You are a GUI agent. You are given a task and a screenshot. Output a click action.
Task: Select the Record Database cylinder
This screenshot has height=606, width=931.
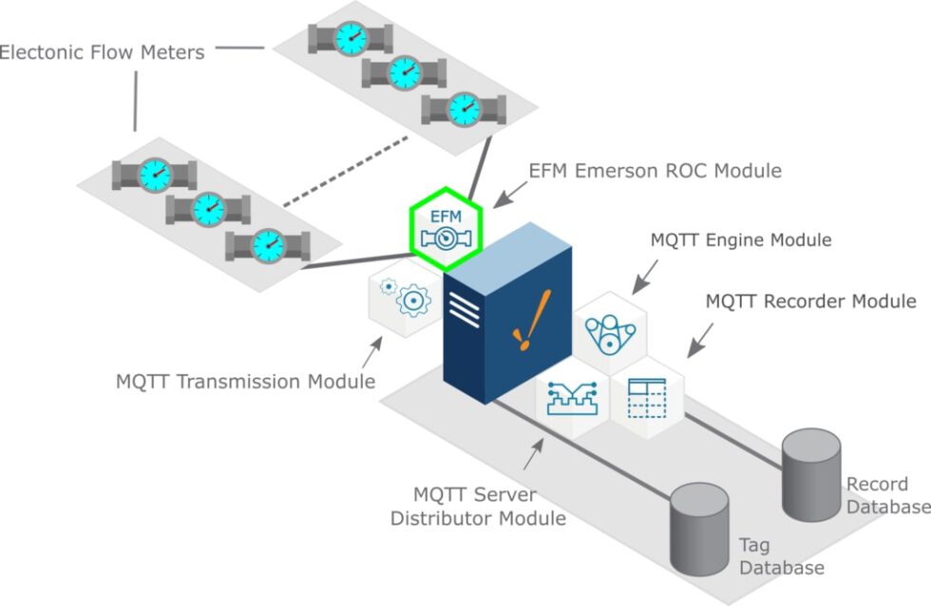tap(810, 474)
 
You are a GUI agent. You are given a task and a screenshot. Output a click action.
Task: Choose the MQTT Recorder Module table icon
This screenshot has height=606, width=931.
tap(649, 400)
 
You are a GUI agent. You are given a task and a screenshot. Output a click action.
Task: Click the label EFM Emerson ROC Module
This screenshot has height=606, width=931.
tap(655, 171)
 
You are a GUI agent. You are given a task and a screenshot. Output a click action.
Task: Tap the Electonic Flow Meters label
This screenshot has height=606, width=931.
tap(102, 52)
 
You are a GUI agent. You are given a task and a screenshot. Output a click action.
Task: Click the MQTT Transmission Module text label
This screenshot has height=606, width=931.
tap(245, 382)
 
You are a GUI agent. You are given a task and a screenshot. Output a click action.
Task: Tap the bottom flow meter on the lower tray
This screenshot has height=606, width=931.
tap(267, 247)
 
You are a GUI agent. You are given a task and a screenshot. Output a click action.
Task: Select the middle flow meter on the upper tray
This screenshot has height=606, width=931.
tap(404, 72)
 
